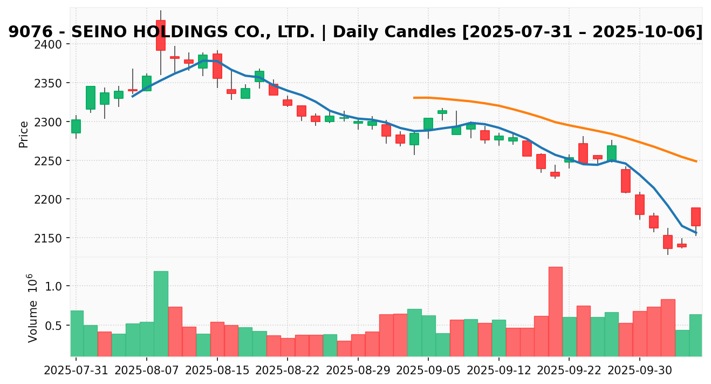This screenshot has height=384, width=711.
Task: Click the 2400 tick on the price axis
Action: click(x=53, y=44)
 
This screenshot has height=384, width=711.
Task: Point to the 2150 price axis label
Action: click(x=53, y=238)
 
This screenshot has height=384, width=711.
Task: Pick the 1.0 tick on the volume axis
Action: click(x=57, y=286)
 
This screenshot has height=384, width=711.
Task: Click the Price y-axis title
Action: click(x=24, y=134)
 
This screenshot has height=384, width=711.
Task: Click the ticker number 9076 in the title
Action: click(x=30, y=32)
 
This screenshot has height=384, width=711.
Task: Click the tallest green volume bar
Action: click(x=161, y=313)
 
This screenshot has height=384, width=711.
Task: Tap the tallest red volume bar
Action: click(x=556, y=311)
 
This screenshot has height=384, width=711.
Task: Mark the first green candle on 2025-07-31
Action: click(x=76, y=126)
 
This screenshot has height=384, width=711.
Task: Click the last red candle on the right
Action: click(x=696, y=217)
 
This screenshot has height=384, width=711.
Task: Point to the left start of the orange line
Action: click(x=414, y=98)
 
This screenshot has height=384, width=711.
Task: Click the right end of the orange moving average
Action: click(x=696, y=161)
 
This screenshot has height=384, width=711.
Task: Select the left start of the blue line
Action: click(x=132, y=96)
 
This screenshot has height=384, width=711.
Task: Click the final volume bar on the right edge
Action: click(x=696, y=335)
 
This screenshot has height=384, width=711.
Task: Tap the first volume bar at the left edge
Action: click(x=77, y=333)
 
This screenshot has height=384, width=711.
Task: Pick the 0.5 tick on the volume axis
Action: click(x=57, y=326)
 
